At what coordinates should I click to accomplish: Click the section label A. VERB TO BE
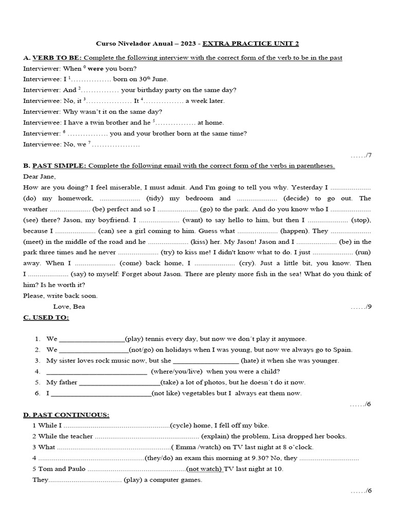(x=52, y=58)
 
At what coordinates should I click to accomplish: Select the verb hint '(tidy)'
(x=155, y=198)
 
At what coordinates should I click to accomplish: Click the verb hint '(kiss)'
(x=199, y=241)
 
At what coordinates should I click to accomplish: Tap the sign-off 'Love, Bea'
(x=69, y=306)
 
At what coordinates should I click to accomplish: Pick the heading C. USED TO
(x=46, y=318)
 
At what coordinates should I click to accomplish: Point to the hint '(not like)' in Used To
(x=167, y=393)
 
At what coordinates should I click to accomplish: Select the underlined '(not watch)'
(x=204, y=469)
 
